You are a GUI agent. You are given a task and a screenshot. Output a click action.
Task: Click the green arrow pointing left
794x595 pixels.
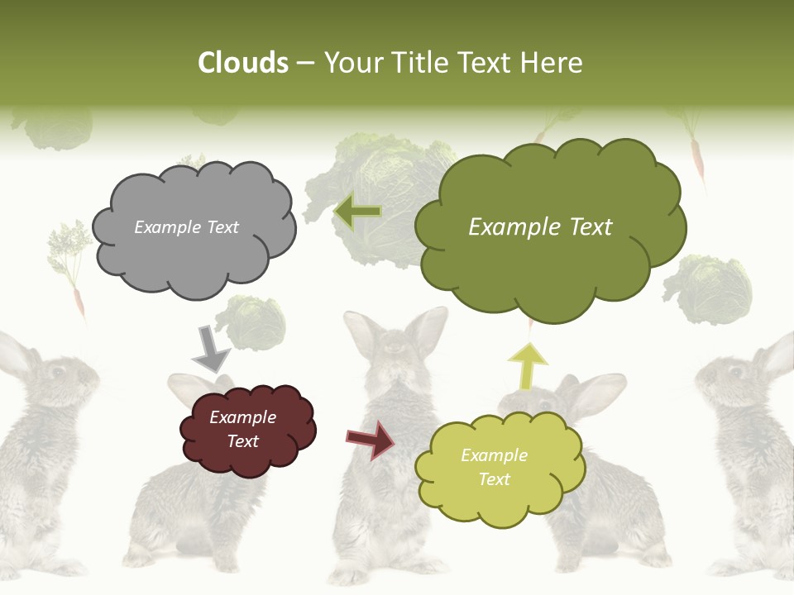[x=358, y=212]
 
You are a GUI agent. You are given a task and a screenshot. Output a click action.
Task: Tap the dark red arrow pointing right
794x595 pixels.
[x=371, y=439]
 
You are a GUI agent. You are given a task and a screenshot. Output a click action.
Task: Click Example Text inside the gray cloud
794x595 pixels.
[x=186, y=227]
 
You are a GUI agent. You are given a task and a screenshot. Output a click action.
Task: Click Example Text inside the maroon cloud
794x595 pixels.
[x=243, y=429]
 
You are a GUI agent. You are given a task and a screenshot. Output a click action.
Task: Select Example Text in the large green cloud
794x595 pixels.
[x=540, y=227]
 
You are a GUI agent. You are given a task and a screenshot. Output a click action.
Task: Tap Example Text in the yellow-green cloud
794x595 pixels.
[x=494, y=467]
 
